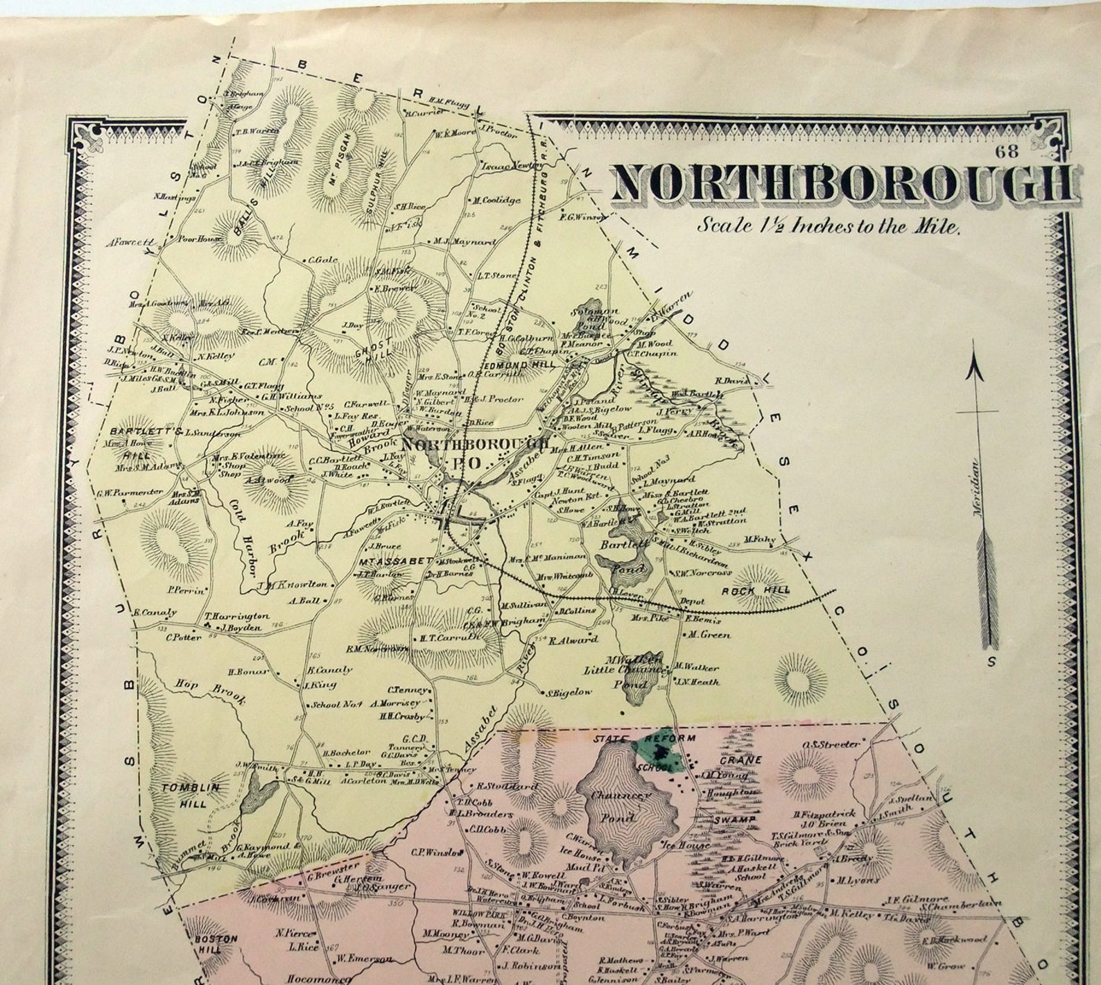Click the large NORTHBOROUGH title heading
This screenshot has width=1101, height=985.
click(x=844, y=184)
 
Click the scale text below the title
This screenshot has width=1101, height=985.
click(x=828, y=226)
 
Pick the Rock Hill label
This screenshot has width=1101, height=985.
click(x=765, y=590)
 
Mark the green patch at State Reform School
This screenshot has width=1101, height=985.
click(x=659, y=753)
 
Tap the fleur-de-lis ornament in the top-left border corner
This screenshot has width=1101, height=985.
click(x=87, y=136)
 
